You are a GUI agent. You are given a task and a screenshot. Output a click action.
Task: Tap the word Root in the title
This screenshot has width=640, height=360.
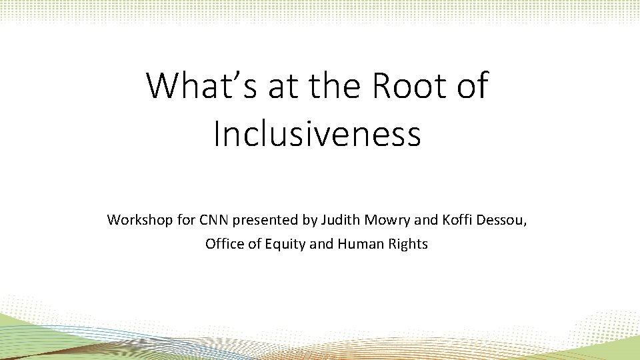[402, 87]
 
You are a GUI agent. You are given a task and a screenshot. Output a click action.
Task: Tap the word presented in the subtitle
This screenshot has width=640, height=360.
[263, 219]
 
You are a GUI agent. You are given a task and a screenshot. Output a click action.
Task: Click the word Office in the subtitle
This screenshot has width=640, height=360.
[225, 244]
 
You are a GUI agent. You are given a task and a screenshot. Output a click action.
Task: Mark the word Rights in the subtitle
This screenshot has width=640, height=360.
[408, 244]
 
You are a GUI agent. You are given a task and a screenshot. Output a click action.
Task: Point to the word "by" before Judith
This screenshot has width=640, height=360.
[304, 219]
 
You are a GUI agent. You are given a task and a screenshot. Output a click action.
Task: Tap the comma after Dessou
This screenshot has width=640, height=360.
[525, 224]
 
